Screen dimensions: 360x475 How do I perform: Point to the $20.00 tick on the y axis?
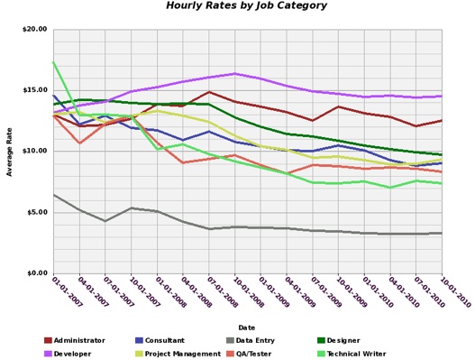click(34, 30)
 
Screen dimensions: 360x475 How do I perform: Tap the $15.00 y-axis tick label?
click(34, 90)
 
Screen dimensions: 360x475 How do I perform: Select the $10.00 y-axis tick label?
click(34, 151)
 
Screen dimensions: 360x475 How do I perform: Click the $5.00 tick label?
click(36, 212)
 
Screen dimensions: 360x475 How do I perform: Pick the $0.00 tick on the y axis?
click(36, 272)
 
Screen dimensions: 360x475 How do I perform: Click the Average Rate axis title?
click(10, 152)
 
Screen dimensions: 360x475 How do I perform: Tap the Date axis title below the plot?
click(246, 327)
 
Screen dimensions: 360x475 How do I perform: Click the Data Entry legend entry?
click(256, 340)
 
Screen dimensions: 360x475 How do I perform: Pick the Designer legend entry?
click(343, 340)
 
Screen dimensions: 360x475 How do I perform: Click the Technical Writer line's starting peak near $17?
click(53, 62)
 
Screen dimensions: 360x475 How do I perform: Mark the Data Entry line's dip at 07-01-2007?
click(105, 221)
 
